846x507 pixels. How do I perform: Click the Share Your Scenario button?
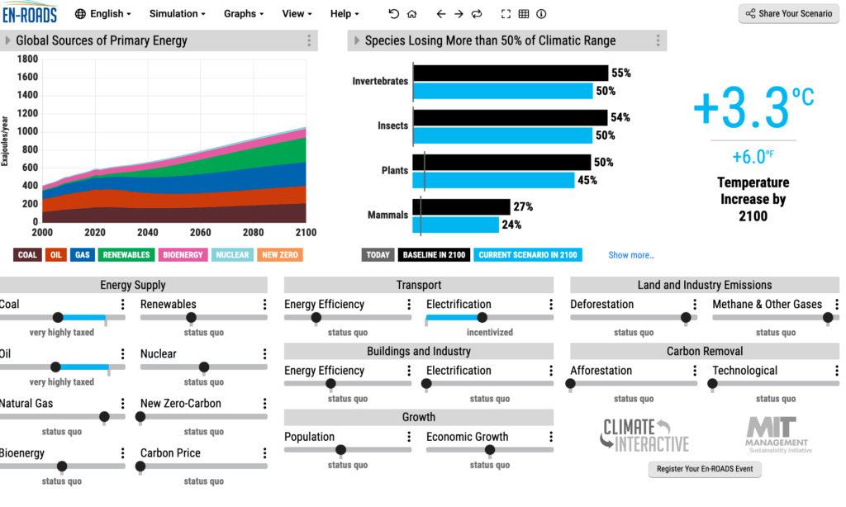788,13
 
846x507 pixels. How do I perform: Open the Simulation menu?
178,13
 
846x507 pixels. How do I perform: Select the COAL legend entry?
27,254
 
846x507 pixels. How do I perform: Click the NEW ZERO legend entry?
280,254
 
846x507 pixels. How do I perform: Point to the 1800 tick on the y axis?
27,59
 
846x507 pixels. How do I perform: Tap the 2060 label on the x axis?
200,232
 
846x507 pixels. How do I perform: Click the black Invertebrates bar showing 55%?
511,73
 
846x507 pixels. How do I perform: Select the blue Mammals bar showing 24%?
456,225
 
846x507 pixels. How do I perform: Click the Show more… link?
631,255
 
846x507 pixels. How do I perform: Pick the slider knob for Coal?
58,317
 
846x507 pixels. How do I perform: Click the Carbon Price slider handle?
140,466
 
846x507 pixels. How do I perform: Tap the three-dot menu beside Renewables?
265,305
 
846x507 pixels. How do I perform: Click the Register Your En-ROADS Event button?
705,469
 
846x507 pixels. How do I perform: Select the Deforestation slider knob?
685,317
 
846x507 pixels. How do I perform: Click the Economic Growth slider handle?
490,450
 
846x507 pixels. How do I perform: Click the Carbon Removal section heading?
705,351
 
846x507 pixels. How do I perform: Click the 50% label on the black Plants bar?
604,163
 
